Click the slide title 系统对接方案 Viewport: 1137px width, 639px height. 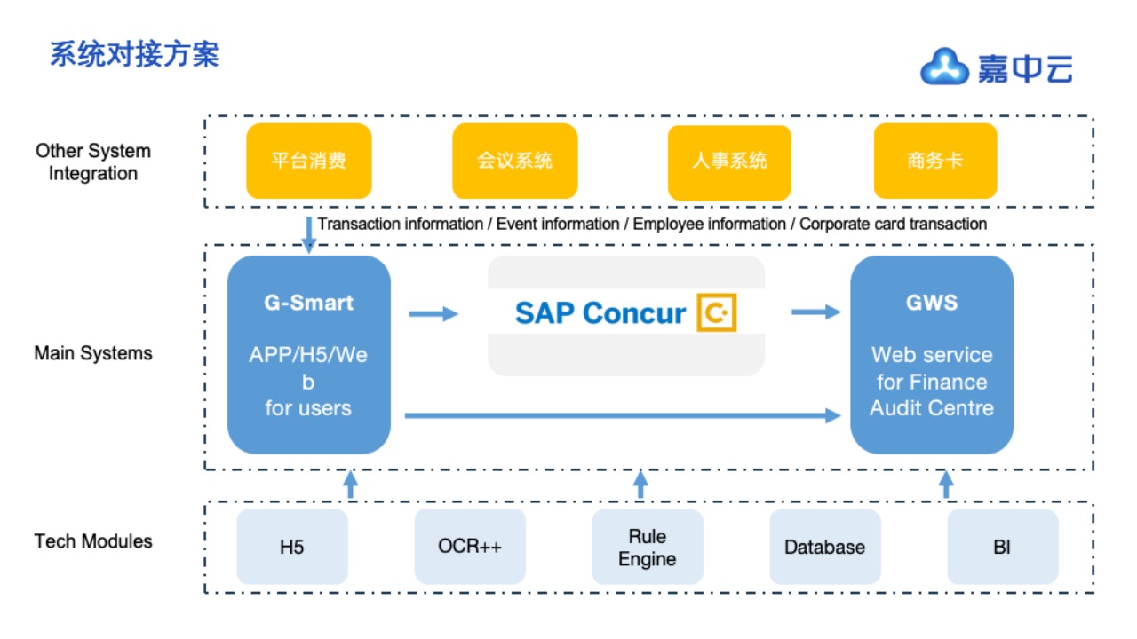[x=134, y=54]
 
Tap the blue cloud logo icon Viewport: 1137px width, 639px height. [x=943, y=67]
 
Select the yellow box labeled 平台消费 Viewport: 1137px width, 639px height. [x=308, y=161]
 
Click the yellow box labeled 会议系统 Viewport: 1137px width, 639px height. [x=514, y=161]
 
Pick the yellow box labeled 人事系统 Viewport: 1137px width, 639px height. [x=729, y=162]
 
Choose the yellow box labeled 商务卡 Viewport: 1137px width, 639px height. [x=935, y=161]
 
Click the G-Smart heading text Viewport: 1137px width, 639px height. [x=308, y=303]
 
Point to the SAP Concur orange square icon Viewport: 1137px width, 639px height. [x=717, y=312]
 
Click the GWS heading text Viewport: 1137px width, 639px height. [x=932, y=303]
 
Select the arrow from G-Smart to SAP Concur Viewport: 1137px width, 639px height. [x=433, y=314]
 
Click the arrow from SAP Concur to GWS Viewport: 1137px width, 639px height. [x=815, y=312]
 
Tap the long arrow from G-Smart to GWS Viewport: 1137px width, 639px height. [x=623, y=416]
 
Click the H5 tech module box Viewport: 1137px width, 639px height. [x=292, y=547]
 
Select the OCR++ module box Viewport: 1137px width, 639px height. [x=470, y=547]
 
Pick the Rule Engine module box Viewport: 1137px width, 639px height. [x=648, y=547]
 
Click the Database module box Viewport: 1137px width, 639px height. [x=825, y=547]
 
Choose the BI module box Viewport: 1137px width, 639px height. [x=1003, y=547]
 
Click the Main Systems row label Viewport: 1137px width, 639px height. [x=93, y=353]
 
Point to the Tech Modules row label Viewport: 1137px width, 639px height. [x=93, y=541]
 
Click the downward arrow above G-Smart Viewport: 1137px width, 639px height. [x=308, y=235]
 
